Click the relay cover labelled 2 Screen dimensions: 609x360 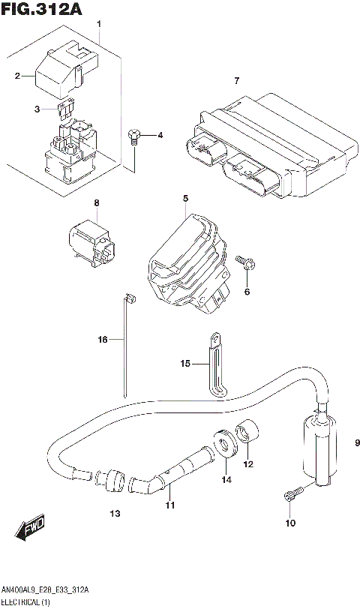pos(64,71)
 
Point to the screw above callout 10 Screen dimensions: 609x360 pos(292,496)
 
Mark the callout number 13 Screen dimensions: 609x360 pos(115,514)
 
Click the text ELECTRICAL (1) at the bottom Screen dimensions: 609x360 pos(26,602)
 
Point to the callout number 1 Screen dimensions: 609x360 pos(98,25)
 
